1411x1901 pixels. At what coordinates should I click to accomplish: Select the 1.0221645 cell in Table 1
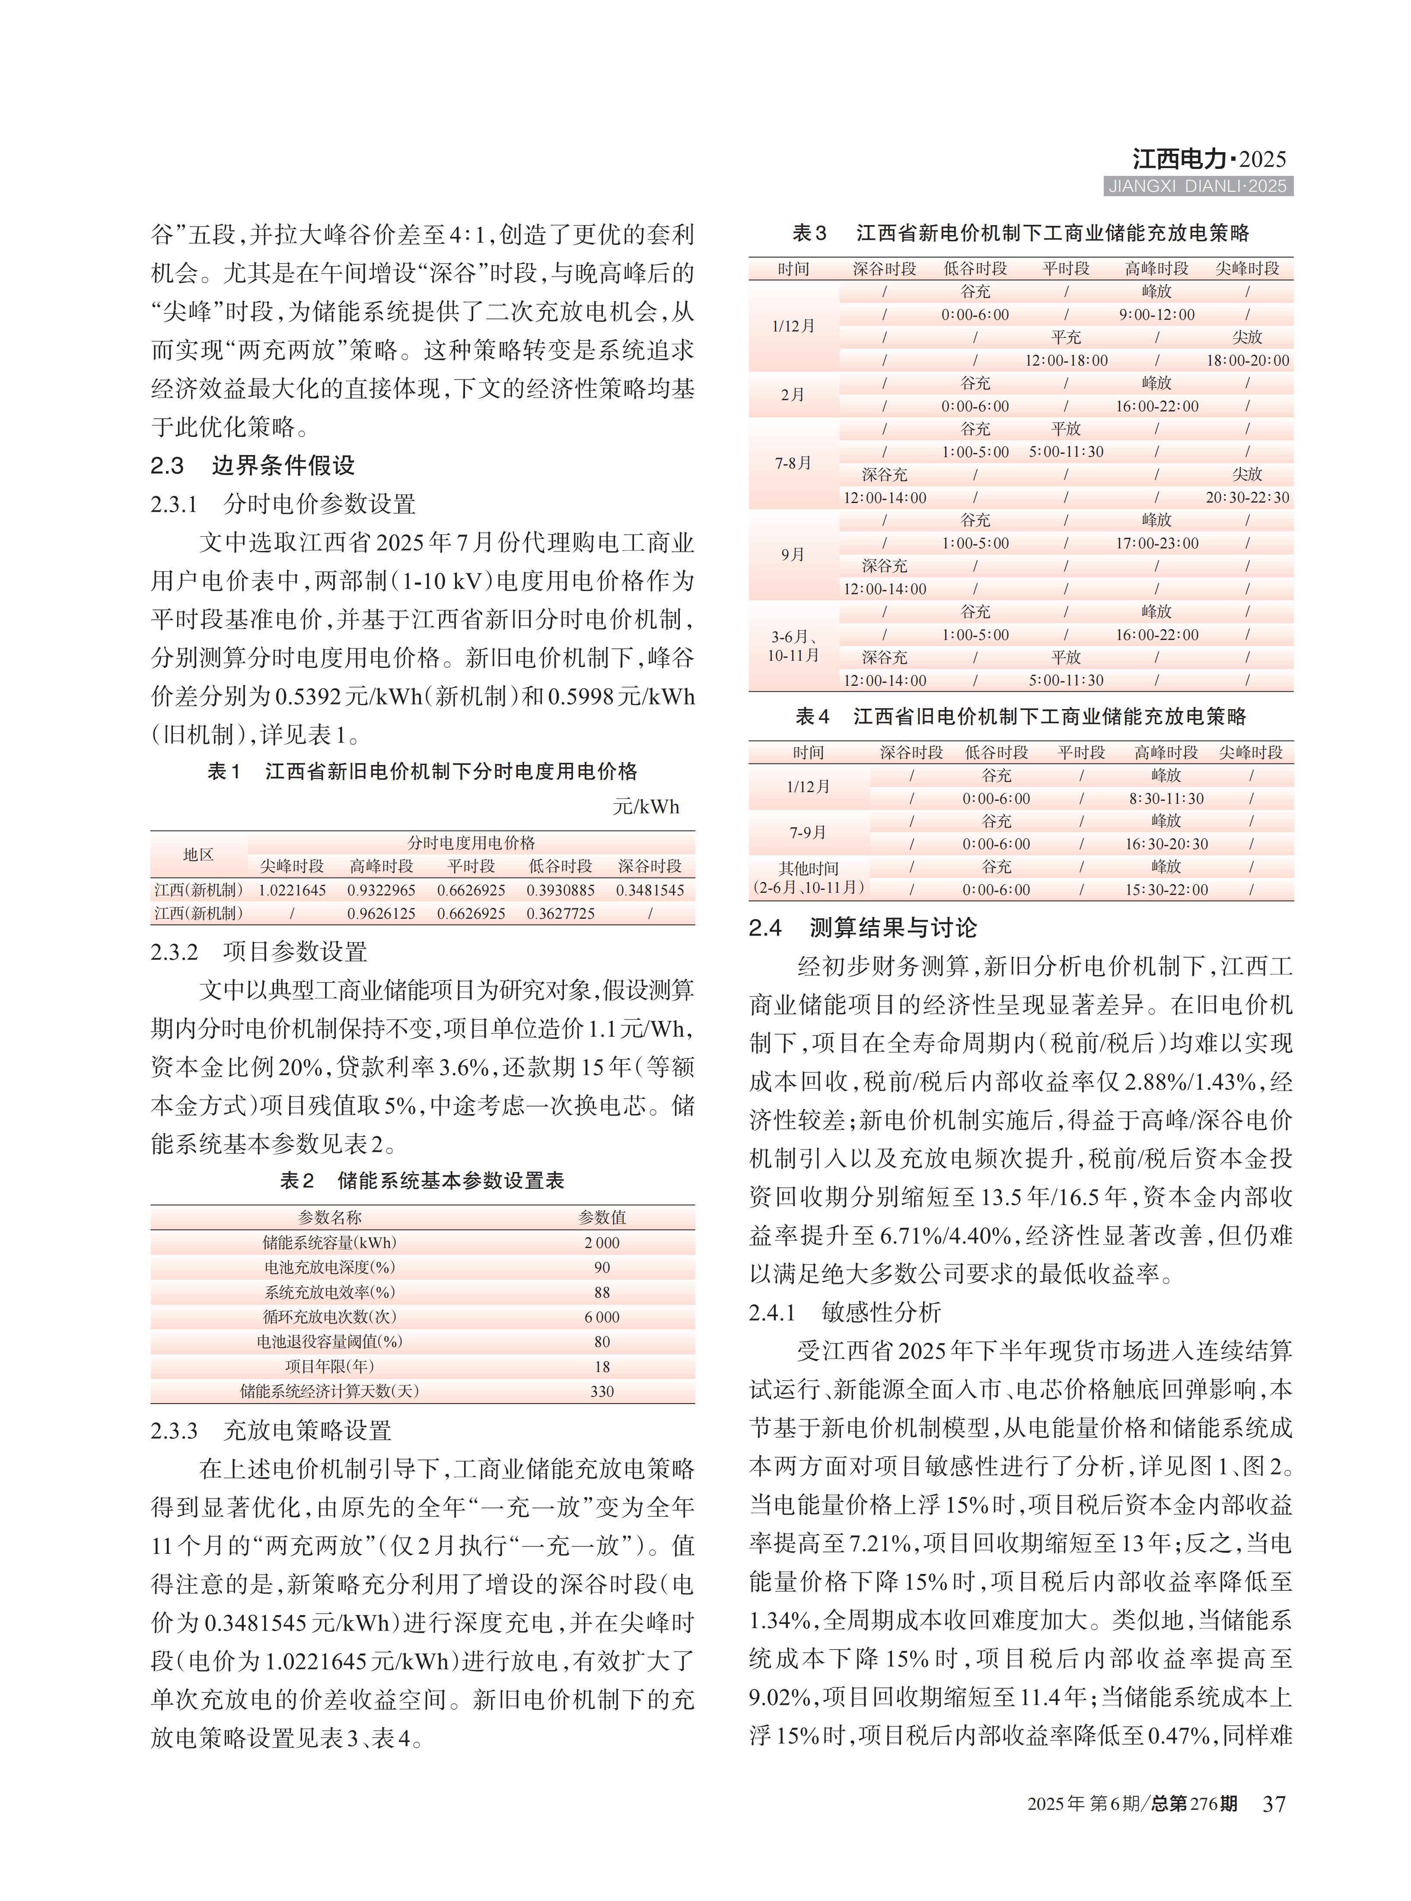pyautogui.click(x=292, y=890)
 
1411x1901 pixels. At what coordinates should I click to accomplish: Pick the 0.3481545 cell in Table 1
pyautogui.click(x=650, y=890)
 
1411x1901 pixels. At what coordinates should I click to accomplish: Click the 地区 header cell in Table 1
pyautogui.click(x=198, y=854)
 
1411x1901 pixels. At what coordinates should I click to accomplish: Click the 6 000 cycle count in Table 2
pyautogui.click(x=602, y=1317)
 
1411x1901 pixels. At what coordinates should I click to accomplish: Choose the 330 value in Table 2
pyautogui.click(x=602, y=1391)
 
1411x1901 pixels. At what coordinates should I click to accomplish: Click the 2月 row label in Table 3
pyautogui.click(x=793, y=395)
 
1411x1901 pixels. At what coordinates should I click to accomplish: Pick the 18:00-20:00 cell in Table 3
pyautogui.click(x=1248, y=360)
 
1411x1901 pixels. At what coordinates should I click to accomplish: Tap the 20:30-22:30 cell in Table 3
pyautogui.click(x=1248, y=497)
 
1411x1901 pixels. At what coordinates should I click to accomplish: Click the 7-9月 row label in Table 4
pyautogui.click(x=808, y=832)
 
